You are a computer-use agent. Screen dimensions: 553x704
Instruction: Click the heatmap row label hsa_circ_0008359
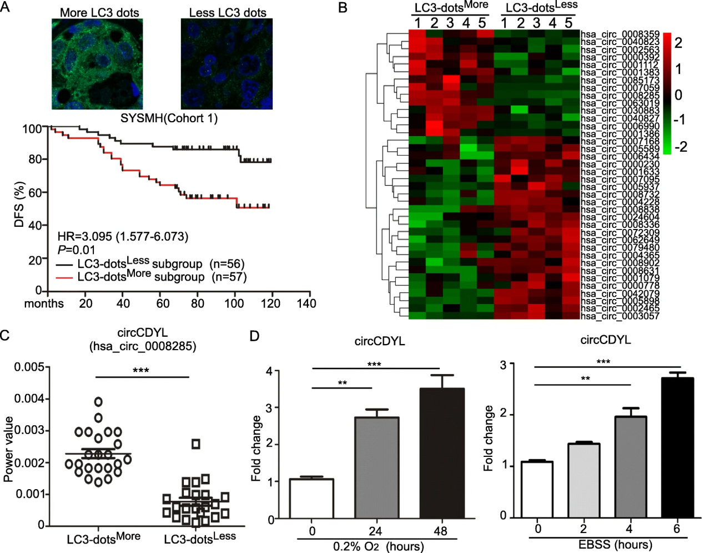click(620, 34)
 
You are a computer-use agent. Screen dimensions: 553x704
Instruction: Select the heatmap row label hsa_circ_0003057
click(620, 316)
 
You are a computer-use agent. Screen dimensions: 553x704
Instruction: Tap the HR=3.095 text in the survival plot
click(123, 237)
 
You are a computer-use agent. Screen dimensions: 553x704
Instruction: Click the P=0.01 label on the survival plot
click(77, 250)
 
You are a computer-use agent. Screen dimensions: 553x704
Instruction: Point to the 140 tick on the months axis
click(306, 303)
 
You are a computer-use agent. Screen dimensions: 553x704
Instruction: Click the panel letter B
click(343, 8)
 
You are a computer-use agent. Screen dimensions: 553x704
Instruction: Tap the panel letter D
click(254, 336)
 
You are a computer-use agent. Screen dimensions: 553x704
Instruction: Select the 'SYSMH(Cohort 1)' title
click(169, 118)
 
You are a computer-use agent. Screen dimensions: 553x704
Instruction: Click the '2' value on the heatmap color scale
click(678, 43)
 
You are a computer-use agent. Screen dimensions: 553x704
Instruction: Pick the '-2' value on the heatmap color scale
click(680, 147)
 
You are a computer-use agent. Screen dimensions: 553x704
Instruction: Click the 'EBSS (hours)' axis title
click(615, 544)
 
